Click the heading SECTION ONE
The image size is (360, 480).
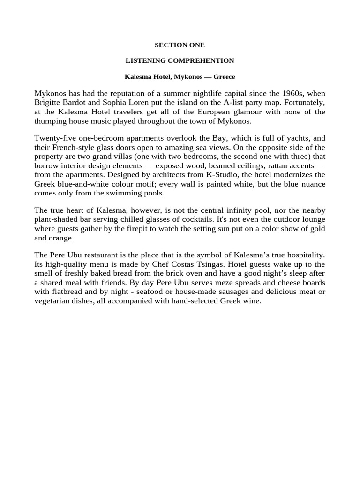[x=180, y=45]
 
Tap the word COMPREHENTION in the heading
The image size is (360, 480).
[x=206, y=61]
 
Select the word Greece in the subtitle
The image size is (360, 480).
[x=225, y=76]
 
